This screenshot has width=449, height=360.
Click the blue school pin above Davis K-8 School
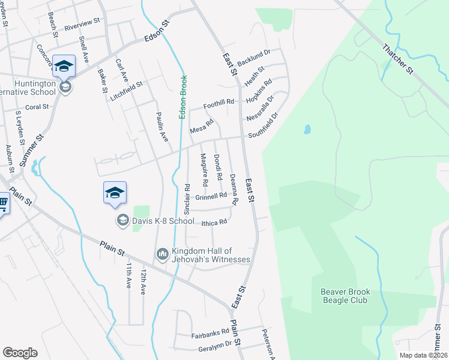[x=115, y=193]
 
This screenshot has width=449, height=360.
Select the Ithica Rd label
[x=214, y=223]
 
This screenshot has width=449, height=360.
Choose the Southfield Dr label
[x=264, y=125]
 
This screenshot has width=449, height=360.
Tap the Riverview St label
[x=82, y=25]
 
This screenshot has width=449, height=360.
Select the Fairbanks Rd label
[x=210, y=332]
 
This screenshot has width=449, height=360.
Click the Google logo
[x=20, y=352]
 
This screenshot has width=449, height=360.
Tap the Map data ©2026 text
[x=423, y=355]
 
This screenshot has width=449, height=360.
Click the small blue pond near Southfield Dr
[x=307, y=129]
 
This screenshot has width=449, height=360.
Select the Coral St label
[x=36, y=107]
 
